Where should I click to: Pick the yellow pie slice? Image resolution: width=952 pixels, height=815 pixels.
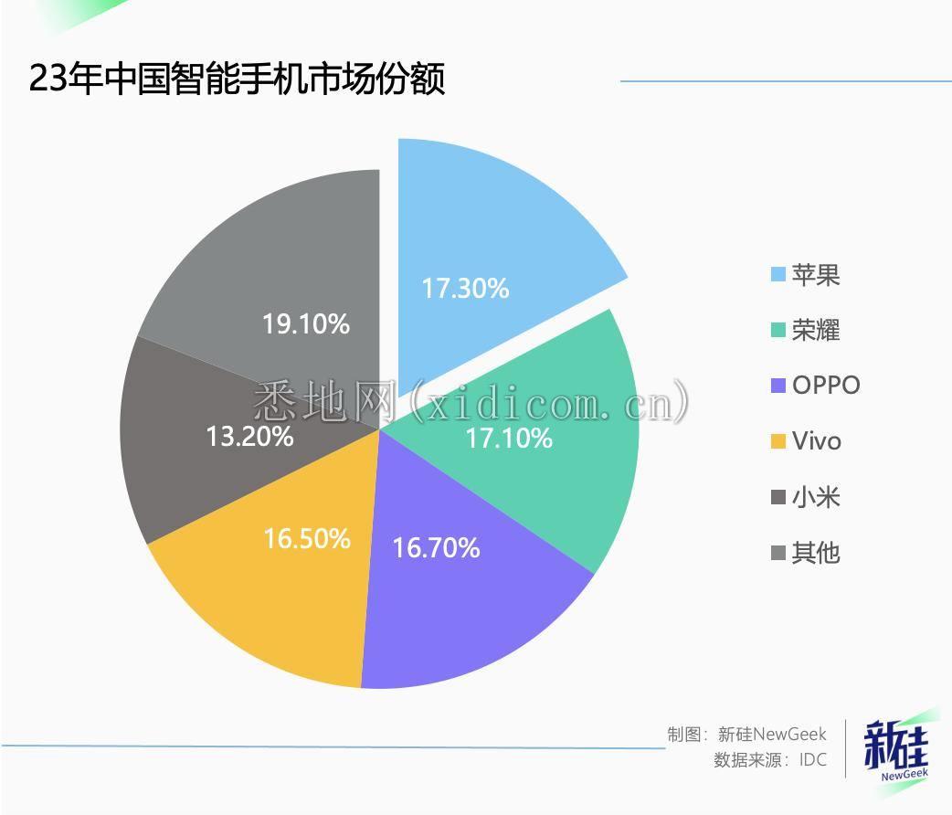pos(274,594)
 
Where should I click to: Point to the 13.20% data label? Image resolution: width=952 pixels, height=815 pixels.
pos(249,436)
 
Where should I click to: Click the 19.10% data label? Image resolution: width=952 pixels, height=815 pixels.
pos(306,323)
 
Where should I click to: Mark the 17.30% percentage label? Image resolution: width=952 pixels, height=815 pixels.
pos(465,289)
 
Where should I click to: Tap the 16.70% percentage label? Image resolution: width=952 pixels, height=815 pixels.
pos(436,548)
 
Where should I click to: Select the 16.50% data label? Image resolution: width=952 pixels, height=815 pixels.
pos(307,539)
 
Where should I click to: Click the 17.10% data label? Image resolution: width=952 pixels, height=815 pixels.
pos(509,439)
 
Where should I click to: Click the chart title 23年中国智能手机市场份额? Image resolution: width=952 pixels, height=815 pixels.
pos(238,79)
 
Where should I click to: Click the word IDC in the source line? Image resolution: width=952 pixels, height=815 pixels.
pos(812,760)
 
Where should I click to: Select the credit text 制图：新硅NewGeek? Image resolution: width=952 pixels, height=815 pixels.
pos(746,734)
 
